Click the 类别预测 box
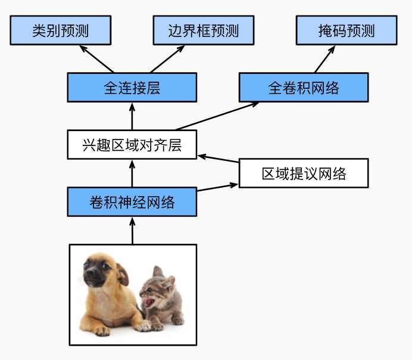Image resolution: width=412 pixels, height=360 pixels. coord(61,30)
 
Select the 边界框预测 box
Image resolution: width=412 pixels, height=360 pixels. coord(204,30)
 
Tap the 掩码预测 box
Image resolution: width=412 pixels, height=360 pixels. coord(347,30)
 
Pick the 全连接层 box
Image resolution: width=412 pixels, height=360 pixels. coord(132,87)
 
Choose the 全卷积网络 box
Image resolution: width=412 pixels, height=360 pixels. coord(304,87)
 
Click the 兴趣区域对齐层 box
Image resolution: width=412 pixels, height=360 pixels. coord(132,145)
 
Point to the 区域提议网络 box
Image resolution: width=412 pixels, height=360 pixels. coord(304,173)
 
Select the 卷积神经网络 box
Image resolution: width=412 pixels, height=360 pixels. coord(132,201)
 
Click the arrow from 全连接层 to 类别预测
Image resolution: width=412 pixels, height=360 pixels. coord(96,59)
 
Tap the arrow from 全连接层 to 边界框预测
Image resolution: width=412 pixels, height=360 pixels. coord(167,59)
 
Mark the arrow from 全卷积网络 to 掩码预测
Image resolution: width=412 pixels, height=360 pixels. coord(324,59)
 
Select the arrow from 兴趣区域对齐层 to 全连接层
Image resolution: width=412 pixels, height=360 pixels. coord(132,116)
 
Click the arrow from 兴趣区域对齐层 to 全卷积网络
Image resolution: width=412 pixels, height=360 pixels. coord(217,116)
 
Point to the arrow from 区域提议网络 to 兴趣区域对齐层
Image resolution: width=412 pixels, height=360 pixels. coord(218,159)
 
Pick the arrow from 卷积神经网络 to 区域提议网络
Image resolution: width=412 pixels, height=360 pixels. coord(217,187)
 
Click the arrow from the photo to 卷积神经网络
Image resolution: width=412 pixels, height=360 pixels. coord(132,231)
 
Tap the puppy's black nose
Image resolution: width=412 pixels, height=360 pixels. coord(89,273)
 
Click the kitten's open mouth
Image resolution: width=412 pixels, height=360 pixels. coord(148,302)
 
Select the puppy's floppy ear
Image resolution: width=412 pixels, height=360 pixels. coord(123,274)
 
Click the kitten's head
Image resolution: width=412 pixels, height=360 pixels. coord(157,287)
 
